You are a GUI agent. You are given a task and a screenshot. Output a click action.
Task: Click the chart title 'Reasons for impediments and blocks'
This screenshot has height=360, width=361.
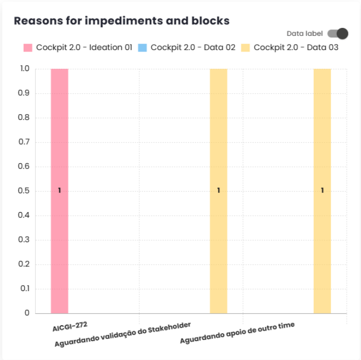[x=122, y=21]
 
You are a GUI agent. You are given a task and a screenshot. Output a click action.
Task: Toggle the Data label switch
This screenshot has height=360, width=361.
[x=338, y=34]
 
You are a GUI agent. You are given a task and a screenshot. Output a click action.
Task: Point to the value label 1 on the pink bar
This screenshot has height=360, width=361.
[x=59, y=191]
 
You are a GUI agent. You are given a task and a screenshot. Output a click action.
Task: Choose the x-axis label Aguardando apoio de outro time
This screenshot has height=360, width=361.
[x=237, y=333]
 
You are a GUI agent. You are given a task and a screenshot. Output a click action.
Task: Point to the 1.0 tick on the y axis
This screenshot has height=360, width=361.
[x=25, y=69]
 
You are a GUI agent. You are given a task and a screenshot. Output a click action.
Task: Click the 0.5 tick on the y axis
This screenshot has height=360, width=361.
[x=25, y=191]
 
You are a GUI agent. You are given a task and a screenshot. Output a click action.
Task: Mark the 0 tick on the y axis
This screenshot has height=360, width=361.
[x=27, y=313]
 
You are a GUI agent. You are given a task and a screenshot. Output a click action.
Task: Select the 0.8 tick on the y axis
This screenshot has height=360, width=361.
[x=25, y=118]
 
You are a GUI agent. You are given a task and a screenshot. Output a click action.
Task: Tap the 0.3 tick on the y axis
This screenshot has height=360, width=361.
[x=25, y=240]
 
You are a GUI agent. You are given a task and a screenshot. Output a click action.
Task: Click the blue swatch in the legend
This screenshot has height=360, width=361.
[x=142, y=48]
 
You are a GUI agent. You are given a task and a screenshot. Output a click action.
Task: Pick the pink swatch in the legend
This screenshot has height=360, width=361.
[x=28, y=48]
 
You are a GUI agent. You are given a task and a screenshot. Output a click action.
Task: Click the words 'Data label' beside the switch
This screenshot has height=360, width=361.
[x=305, y=34]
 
